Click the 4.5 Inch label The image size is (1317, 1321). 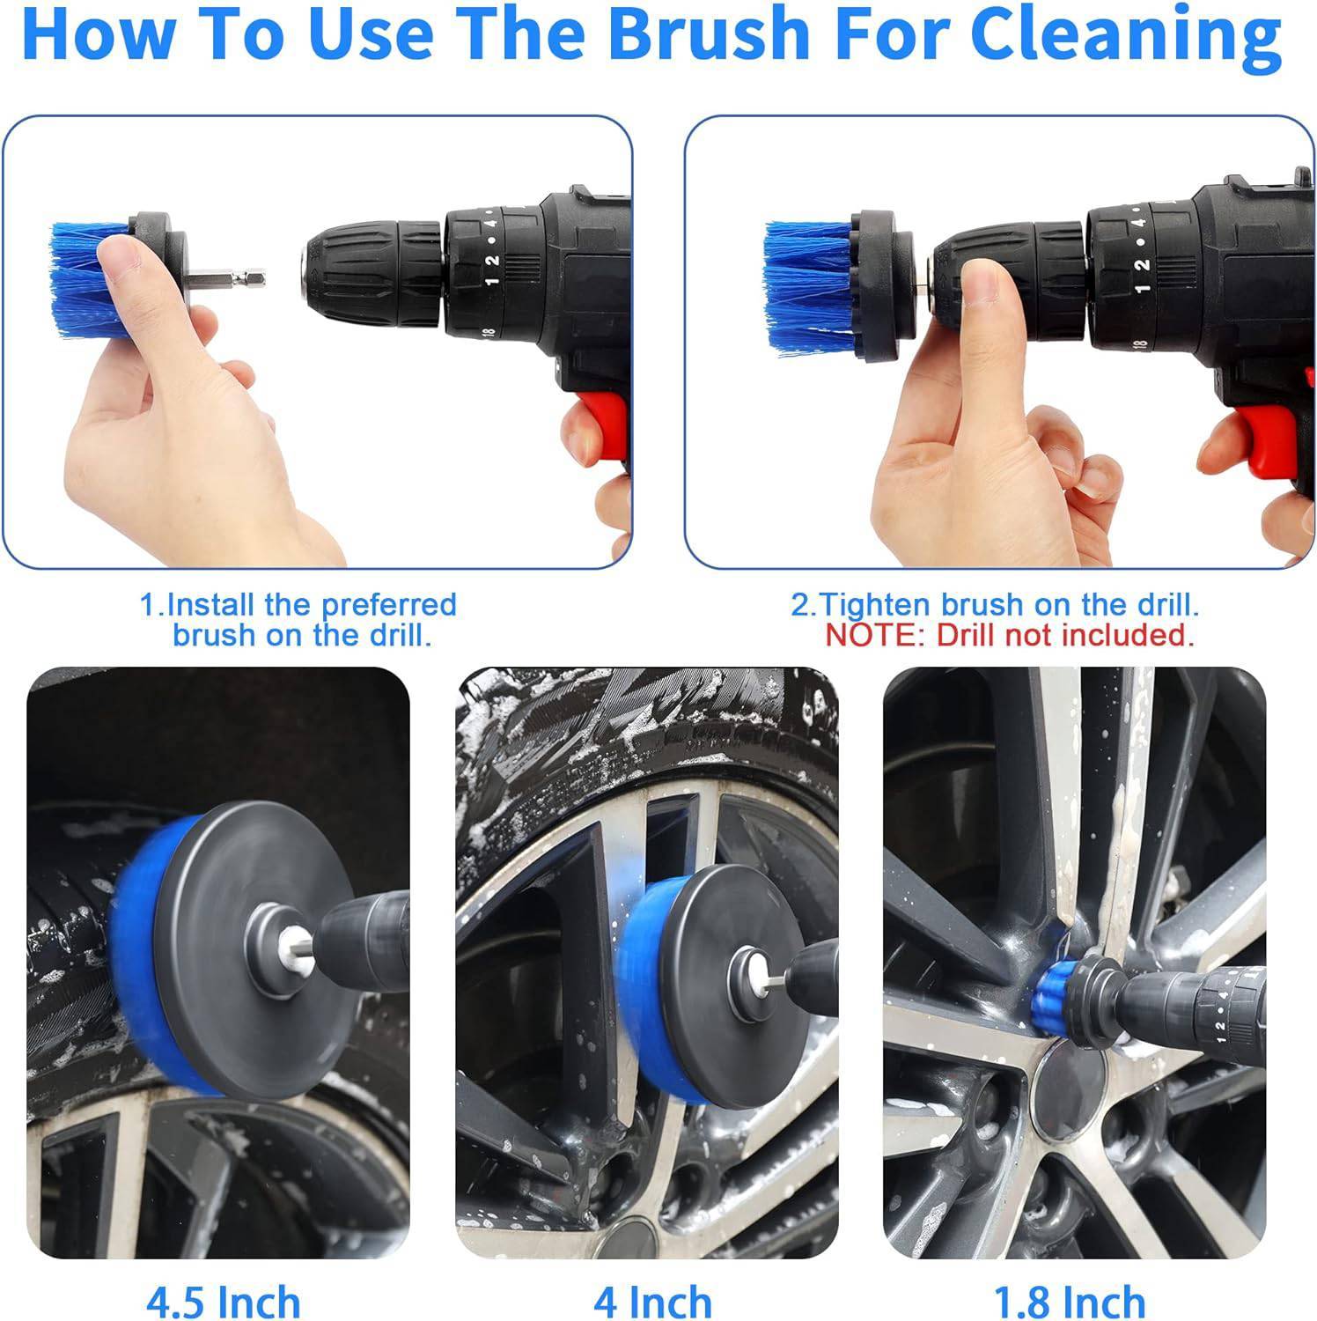224,1301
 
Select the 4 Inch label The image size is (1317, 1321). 652,1301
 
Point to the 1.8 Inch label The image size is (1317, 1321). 1070,1301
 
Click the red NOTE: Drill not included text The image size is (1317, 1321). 1009,635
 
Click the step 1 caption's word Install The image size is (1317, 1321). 212,605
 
